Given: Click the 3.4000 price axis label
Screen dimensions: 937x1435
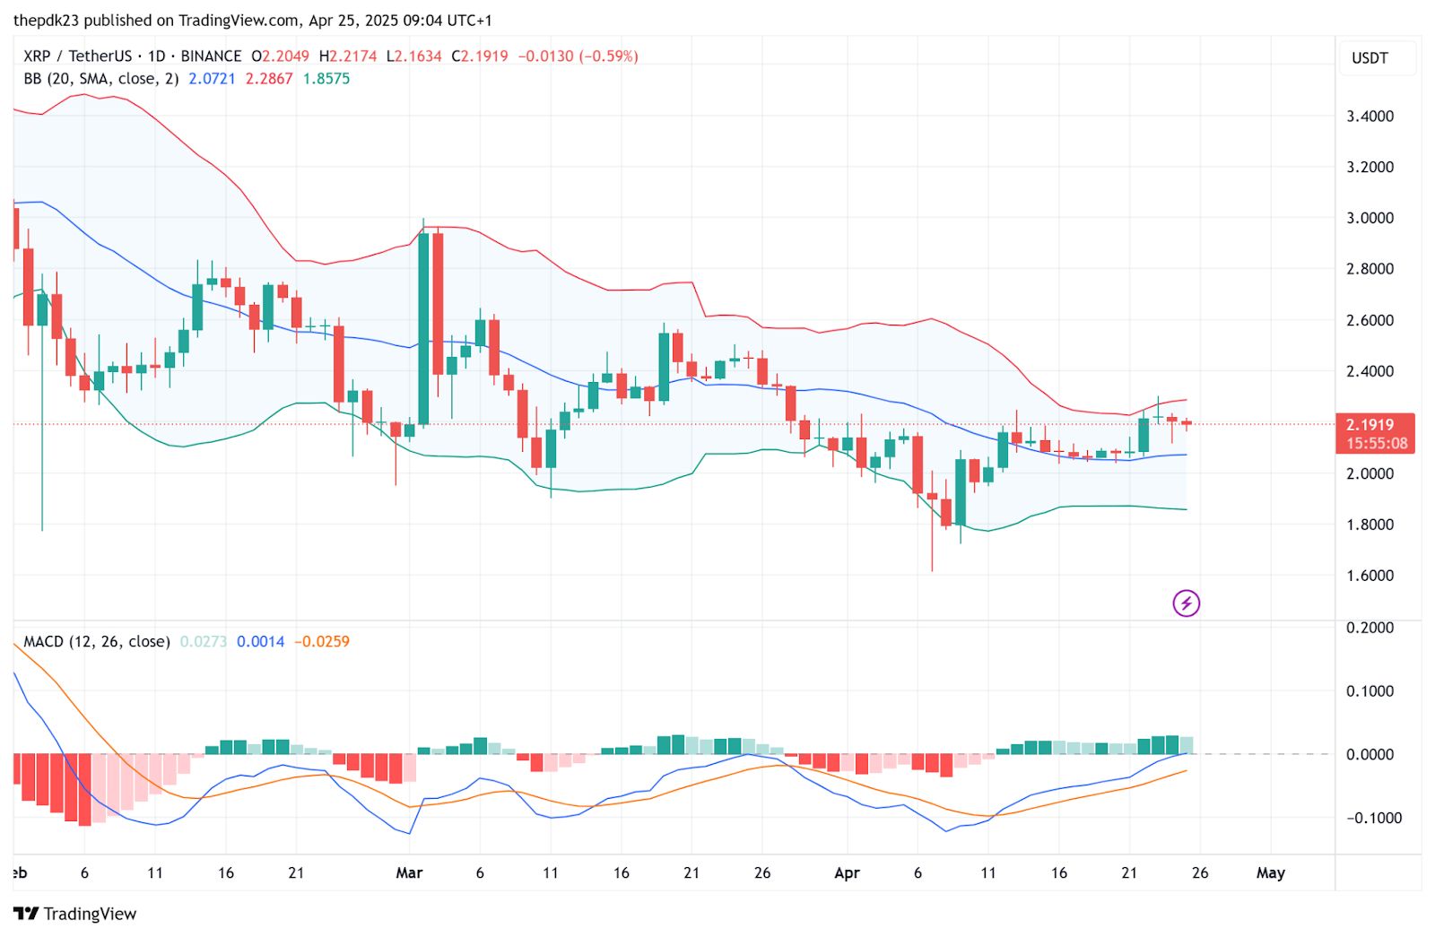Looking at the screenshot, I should point(1370,116).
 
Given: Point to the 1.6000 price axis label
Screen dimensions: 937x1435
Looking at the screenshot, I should point(1370,576).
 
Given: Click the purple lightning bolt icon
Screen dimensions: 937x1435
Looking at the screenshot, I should point(1186,603).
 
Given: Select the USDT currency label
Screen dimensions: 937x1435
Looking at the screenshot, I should point(1370,58).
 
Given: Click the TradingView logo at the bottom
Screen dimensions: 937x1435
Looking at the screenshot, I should point(75,914).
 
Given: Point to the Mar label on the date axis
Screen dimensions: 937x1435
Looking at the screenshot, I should point(409,872).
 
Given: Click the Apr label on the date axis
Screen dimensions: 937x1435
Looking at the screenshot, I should point(847,872).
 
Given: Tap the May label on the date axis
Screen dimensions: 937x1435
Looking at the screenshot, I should point(1270,872).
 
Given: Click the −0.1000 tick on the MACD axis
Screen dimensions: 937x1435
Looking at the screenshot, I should point(1373,818).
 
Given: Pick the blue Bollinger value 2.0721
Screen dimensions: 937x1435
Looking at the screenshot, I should point(212,79).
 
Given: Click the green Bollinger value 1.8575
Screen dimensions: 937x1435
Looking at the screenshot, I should point(326,79).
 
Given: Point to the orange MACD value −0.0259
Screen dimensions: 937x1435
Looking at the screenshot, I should point(322,642).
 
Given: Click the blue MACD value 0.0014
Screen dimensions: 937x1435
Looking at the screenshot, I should point(260,642).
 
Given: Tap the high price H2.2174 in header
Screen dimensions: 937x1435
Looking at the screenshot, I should point(348,56).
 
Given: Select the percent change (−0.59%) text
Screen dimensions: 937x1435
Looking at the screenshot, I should point(609,56).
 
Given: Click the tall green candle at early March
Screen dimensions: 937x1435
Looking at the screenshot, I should point(423,328).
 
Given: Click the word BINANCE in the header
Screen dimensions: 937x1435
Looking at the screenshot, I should point(211,56).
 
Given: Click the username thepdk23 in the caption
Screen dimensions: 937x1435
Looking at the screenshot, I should point(51,20).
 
